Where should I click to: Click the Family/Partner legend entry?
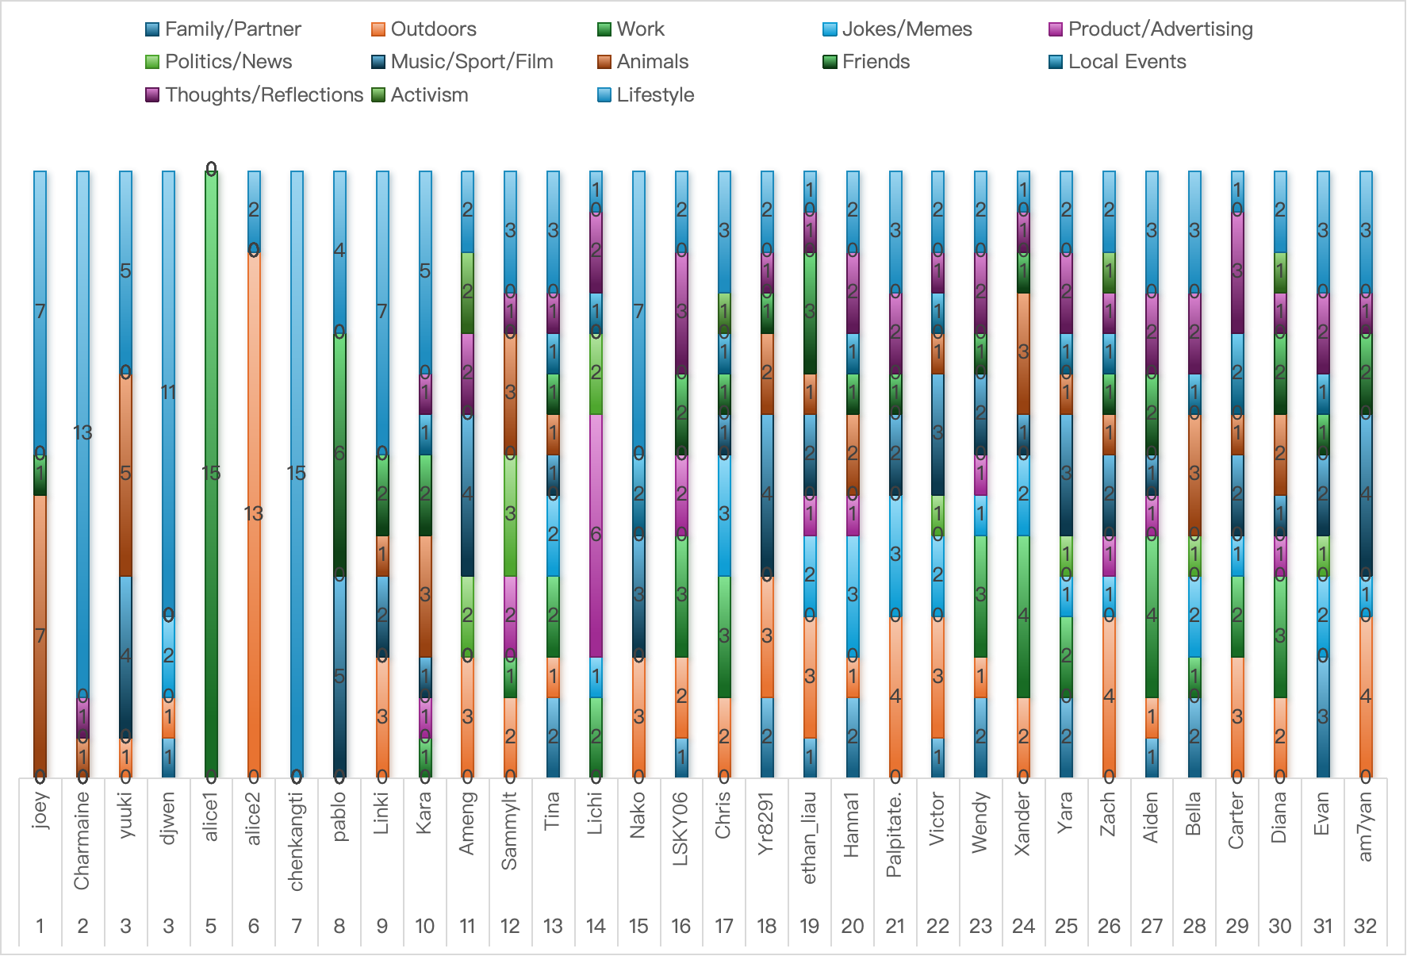point(224,29)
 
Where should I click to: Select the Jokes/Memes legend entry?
point(897,29)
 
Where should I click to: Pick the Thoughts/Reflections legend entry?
point(255,95)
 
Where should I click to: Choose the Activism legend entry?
point(420,95)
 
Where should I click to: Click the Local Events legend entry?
point(1118,62)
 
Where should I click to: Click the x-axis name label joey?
point(40,810)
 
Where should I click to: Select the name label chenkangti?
point(297,841)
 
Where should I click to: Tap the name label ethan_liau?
point(810,837)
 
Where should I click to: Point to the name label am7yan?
point(1365,826)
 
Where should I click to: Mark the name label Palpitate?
point(895,835)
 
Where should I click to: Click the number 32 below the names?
point(1365,926)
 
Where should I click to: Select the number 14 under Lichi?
point(596,926)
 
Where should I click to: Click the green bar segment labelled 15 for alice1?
point(211,474)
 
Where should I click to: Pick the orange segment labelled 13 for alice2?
point(254,514)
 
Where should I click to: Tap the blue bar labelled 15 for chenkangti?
point(297,474)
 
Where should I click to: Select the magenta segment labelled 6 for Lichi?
point(596,536)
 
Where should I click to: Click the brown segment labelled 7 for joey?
point(40,636)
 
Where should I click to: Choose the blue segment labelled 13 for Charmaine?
point(83,433)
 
